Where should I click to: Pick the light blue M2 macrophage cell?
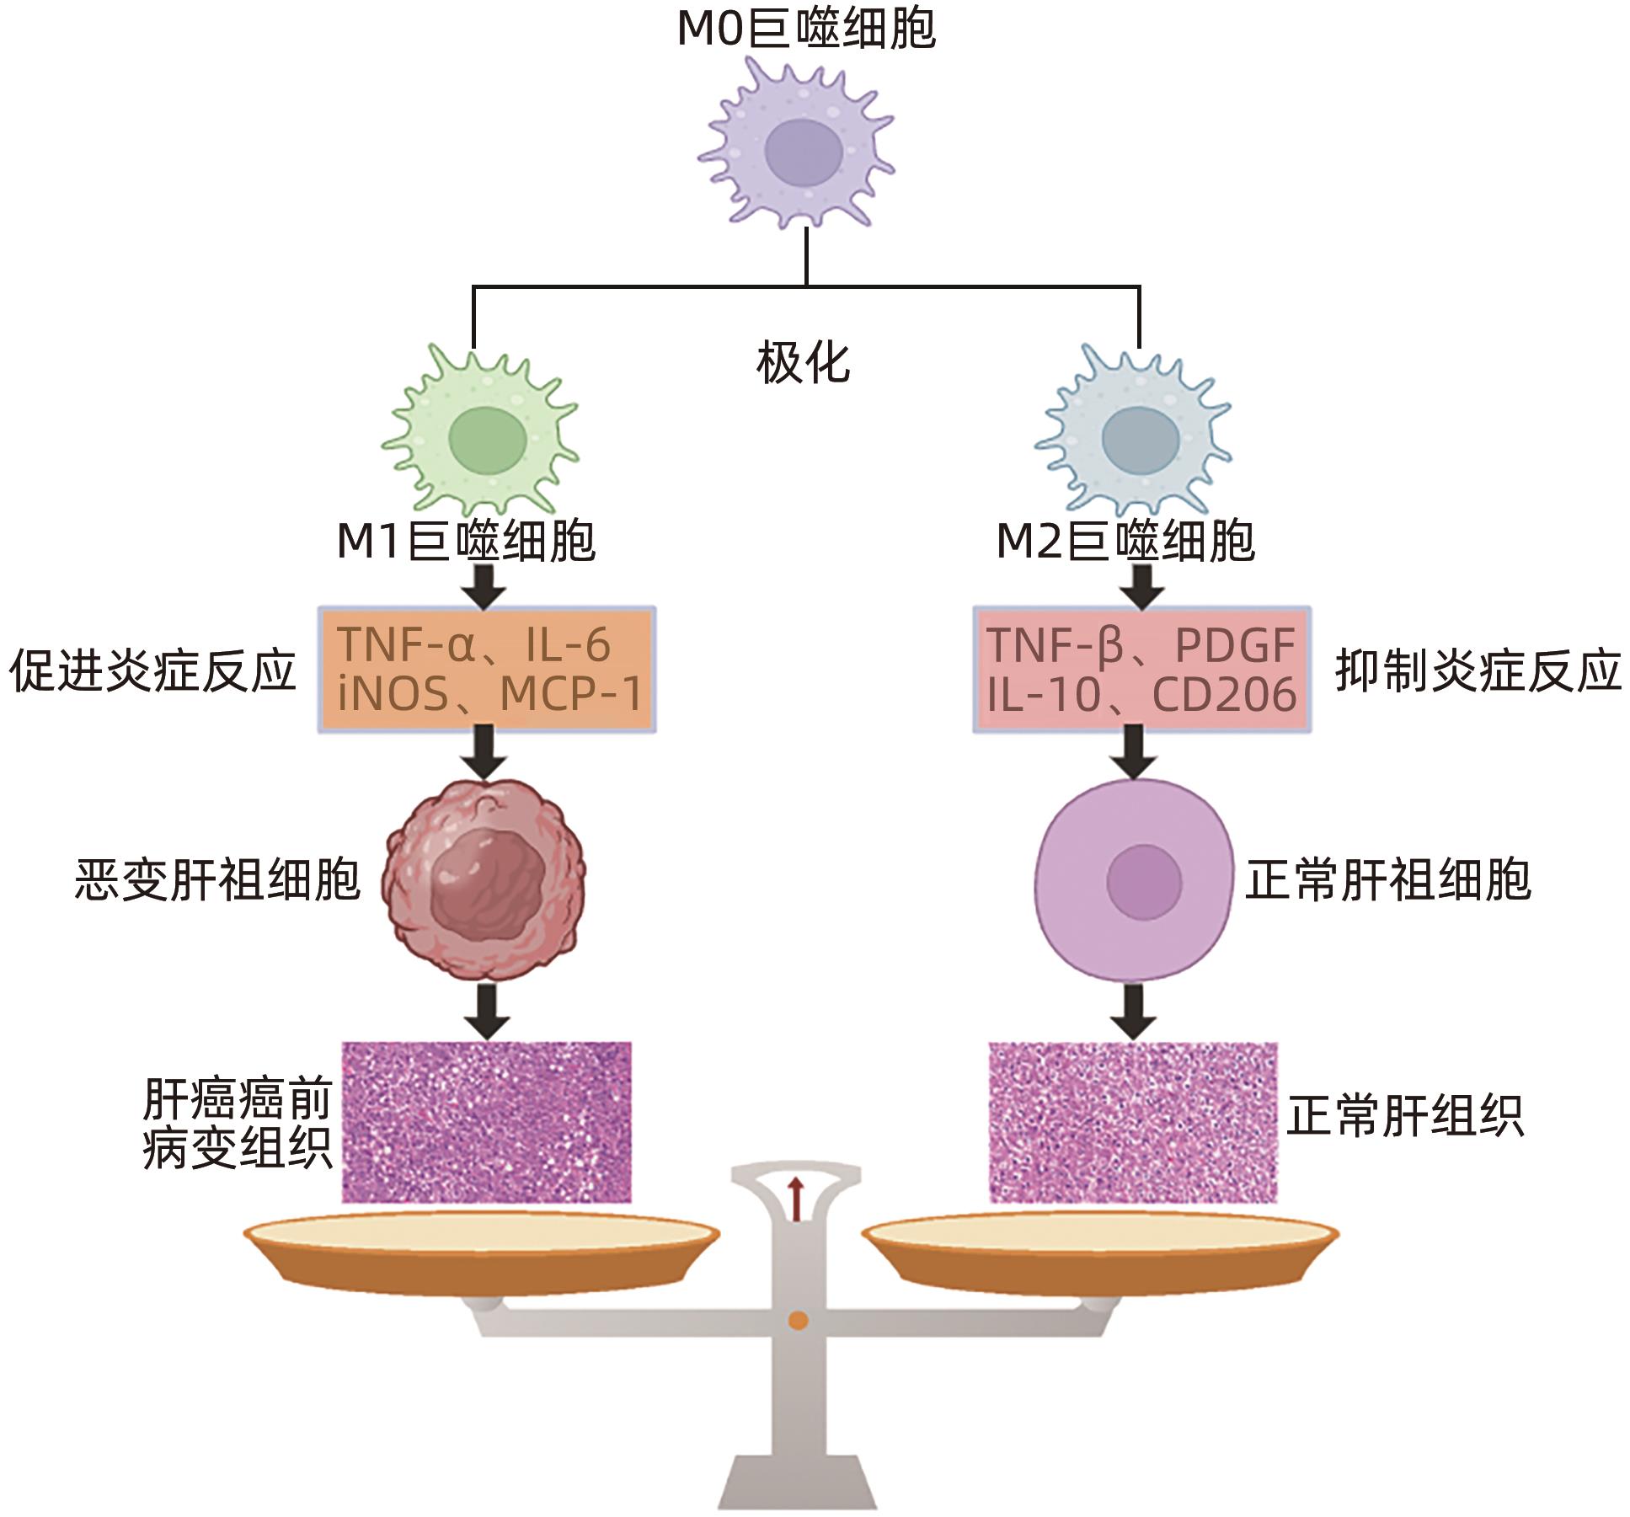(x=1136, y=438)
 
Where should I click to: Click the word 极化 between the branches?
(x=803, y=363)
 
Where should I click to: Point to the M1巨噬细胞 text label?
(x=466, y=541)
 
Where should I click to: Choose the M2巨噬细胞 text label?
(x=1125, y=541)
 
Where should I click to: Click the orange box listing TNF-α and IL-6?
(x=487, y=670)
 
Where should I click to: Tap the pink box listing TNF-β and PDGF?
(x=1141, y=670)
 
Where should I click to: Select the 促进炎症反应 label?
(x=152, y=671)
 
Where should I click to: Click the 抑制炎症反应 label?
(x=1478, y=671)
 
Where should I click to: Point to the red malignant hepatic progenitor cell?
(x=484, y=880)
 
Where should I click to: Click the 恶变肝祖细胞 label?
(x=218, y=880)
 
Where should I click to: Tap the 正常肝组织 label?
(x=1404, y=1117)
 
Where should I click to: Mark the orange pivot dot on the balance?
(x=797, y=1320)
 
